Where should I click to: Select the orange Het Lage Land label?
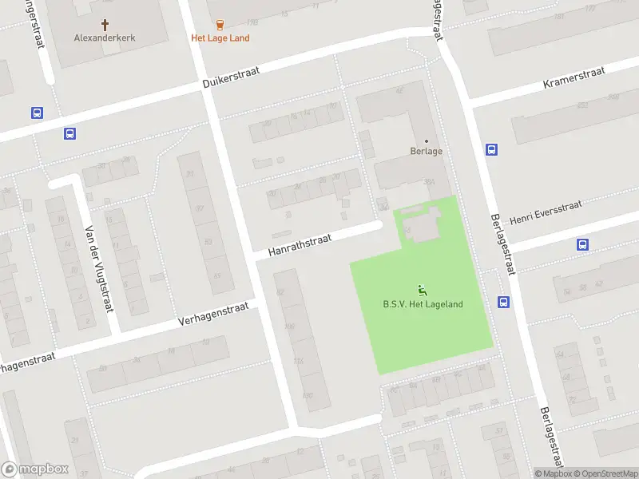[x=220, y=38]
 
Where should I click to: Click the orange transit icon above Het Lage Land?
[x=220, y=25]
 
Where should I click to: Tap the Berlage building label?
[x=426, y=151]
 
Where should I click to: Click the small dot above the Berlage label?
[x=426, y=141]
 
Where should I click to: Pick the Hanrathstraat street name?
[x=300, y=243]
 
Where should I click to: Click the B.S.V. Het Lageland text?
[x=423, y=303]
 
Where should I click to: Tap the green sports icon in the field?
[x=422, y=290]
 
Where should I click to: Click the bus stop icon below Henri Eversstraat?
[x=582, y=245]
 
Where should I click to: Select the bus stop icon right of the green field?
[x=504, y=302]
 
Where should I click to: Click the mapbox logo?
[x=35, y=469]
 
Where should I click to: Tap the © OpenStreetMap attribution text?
[x=605, y=473]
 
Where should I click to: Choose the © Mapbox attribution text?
[x=553, y=473]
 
